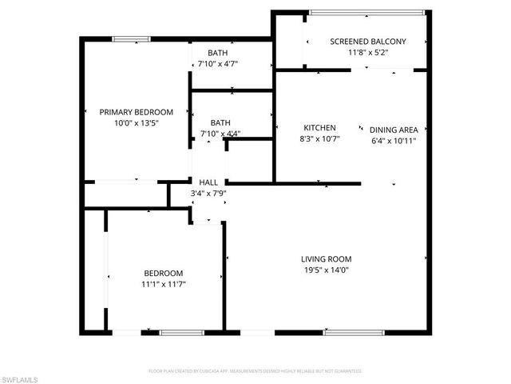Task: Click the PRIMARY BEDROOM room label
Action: coord(136,112)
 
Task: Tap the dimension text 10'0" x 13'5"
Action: coord(136,123)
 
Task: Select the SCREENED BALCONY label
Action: coord(368,42)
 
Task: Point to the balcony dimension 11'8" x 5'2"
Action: coord(368,53)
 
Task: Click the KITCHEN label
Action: coord(319,128)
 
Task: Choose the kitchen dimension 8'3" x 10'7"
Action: coord(319,139)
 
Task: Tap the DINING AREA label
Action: coord(394,129)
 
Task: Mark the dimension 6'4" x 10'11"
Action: coord(394,140)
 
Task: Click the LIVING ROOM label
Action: coord(326,259)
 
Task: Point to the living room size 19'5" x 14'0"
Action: coord(326,270)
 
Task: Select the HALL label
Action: coord(208,182)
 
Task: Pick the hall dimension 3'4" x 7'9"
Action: coord(208,193)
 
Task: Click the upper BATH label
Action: coord(217,53)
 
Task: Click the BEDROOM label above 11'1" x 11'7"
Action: coord(163,273)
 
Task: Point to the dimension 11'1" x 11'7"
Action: coord(163,284)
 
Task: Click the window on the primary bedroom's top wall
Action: coord(131,38)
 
